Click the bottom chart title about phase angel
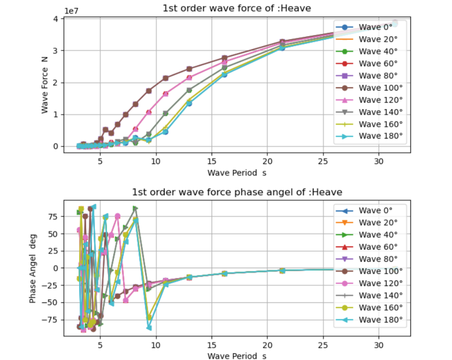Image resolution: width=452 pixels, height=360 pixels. click(x=237, y=192)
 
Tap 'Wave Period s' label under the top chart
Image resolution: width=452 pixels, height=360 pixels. click(x=237, y=173)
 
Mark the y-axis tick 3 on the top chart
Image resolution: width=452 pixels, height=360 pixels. click(x=56, y=50)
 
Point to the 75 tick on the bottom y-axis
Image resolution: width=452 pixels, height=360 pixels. click(x=53, y=216)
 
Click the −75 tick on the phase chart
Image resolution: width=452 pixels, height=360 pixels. click(x=51, y=320)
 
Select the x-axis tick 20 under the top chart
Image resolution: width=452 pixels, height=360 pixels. click(x=267, y=161)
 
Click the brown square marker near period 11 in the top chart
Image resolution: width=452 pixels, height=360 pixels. click(x=165, y=78)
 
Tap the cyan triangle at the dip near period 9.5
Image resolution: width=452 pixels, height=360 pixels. click(x=149, y=328)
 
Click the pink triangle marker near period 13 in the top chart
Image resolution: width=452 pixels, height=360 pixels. click(x=189, y=78)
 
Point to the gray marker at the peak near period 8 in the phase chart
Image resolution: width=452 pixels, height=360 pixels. click(x=136, y=209)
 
